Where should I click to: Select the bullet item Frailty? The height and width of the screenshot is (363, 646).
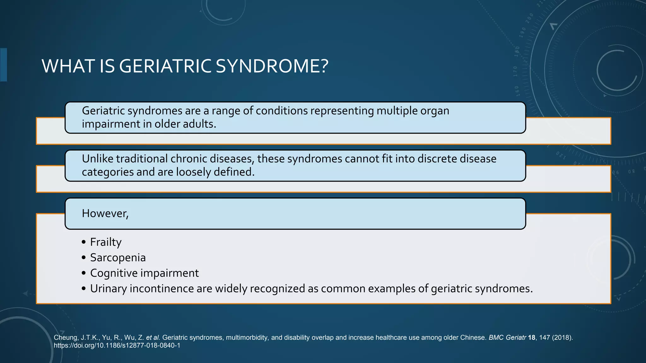(106, 242)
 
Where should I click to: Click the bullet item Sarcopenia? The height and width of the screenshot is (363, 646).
(118, 258)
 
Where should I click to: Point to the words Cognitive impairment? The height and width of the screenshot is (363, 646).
(144, 273)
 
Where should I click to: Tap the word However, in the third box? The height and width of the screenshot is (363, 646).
(105, 214)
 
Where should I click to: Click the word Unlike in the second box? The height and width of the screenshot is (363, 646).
(97, 159)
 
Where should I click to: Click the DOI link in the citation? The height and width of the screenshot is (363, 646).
(117, 346)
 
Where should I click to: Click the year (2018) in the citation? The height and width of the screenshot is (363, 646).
(562, 338)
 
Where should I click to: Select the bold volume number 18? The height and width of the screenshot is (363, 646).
(531, 338)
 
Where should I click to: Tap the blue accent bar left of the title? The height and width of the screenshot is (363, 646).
(3, 65)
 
